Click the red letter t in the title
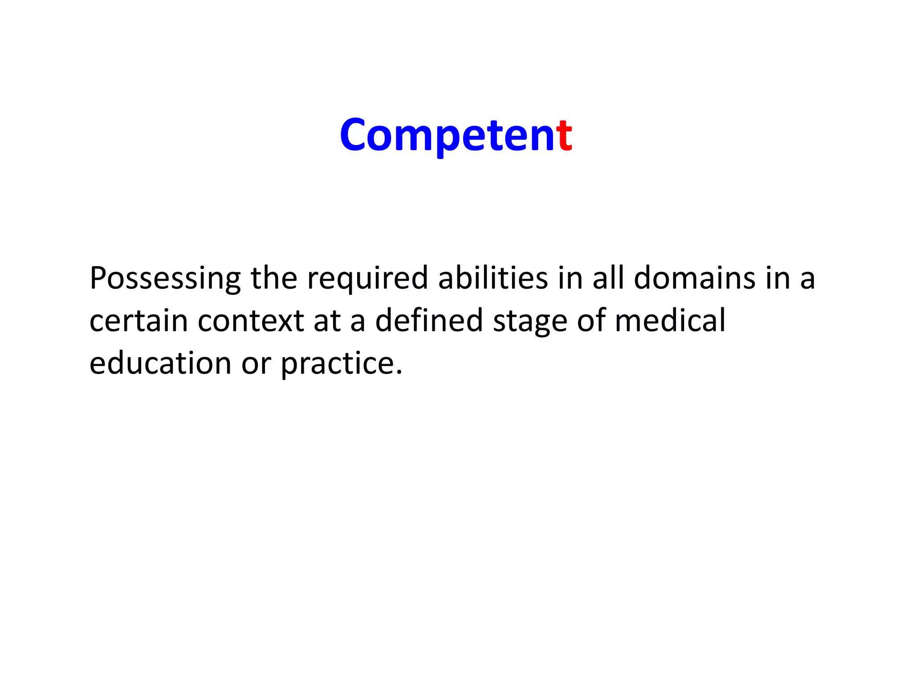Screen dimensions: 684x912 click(x=564, y=135)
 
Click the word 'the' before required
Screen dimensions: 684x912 click(x=274, y=278)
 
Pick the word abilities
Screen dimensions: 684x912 click(x=493, y=278)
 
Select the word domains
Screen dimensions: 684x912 click(x=694, y=278)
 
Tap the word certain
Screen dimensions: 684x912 click(x=138, y=321)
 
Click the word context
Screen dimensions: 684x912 click(x=251, y=321)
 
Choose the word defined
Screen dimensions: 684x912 click(x=429, y=321)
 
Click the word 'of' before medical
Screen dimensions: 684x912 click(x=591, y=320)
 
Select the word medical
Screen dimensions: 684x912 click(x=670, y=321)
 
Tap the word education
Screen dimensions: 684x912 click(x=160, y=363)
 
